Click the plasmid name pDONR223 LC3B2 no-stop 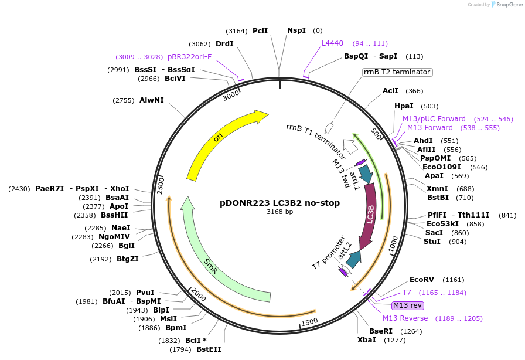click(279, 203)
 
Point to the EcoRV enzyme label click(421, 280)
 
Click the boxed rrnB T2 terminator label click(397, 72)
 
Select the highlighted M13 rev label click(407, 305)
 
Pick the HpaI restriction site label click(404, 106)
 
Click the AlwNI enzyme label click(152, 100)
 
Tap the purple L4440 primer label click(332, 43)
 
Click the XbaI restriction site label click(367, 339)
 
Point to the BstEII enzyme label click(209, 349)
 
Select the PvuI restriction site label click(145, 293)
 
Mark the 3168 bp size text click(279, 212)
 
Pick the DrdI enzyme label click(224, 43)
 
